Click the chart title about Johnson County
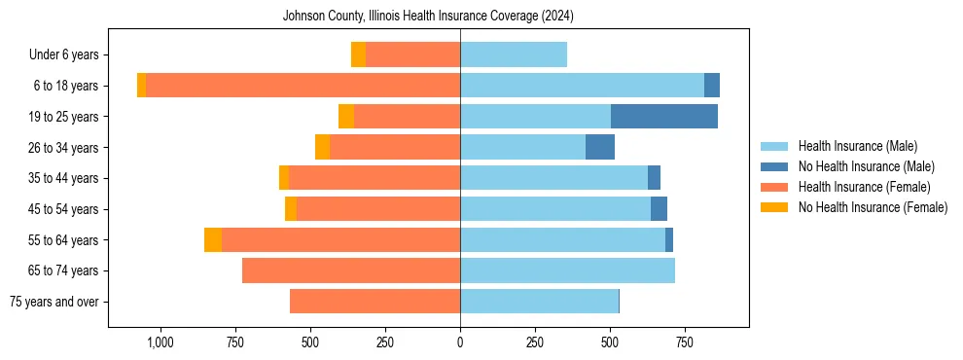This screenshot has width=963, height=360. click(428, 17)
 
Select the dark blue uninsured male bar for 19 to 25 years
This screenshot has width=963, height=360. click(664, 117)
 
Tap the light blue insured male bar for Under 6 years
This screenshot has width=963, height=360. click(514, 54)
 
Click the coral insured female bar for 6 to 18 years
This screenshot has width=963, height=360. click(303, 86)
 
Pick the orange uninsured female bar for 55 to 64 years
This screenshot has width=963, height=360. click(213, 240)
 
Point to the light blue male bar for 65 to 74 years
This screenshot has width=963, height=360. click(567, 270)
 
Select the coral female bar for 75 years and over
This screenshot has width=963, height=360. click(374, 302)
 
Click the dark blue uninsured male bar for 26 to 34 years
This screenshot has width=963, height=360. click(600, 147)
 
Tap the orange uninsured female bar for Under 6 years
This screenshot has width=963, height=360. click(358, 54)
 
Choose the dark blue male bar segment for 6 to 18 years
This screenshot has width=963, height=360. click(712, 86)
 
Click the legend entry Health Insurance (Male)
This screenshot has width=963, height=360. click(857, 146)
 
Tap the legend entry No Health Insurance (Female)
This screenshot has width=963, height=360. click(873, 207)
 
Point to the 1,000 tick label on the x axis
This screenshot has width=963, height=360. click(160, 343)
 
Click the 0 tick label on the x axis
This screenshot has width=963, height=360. click(460, 343)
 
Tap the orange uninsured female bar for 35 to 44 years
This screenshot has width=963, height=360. click(284, 178)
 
